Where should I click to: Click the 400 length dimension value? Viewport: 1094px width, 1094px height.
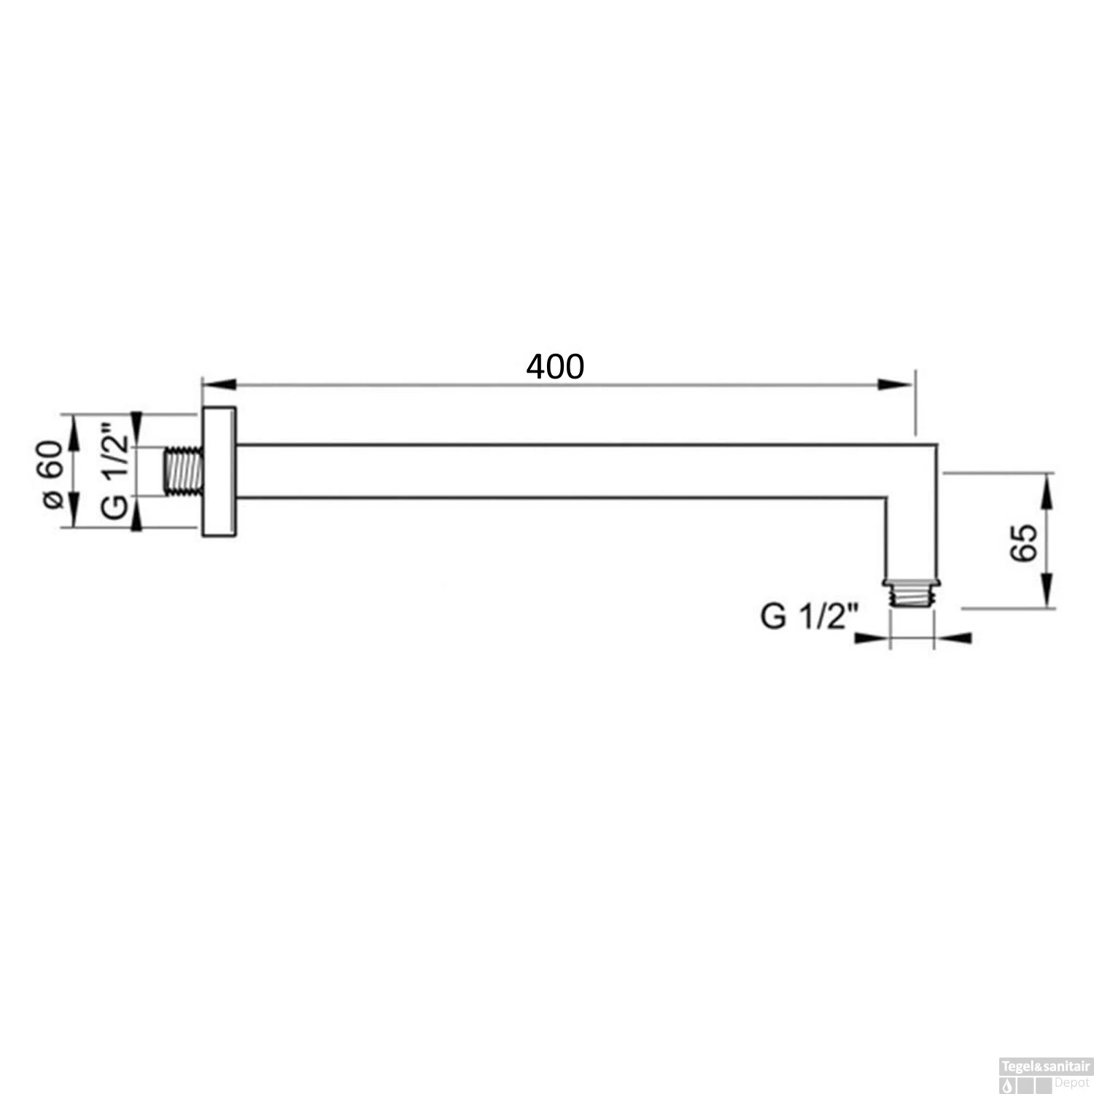(555, 367)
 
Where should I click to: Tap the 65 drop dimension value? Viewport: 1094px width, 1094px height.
(1025, 542)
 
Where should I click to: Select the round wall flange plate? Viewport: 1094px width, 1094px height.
(219, 472)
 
